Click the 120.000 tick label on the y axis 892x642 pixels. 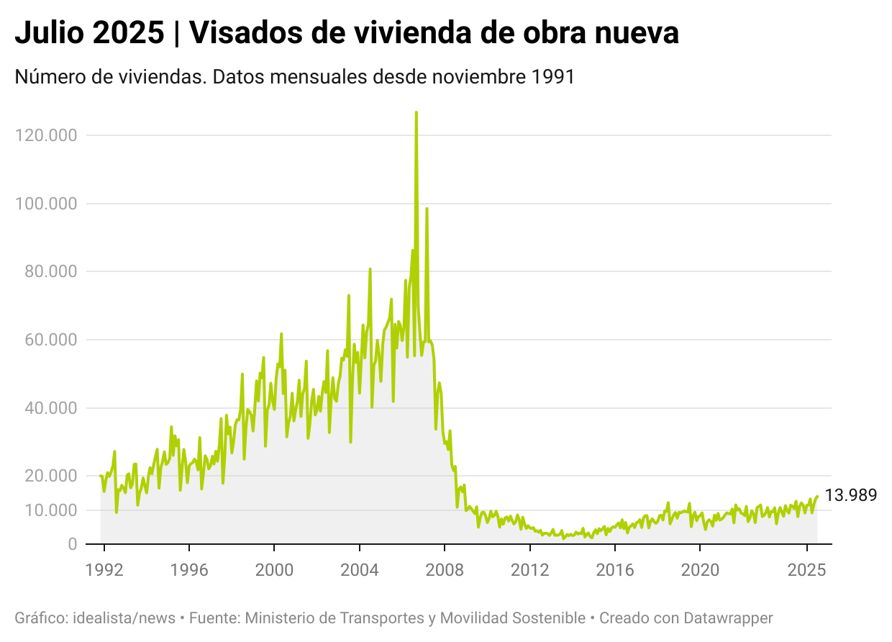(x=45, y=135)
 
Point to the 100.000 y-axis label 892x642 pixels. (x=45, y=204)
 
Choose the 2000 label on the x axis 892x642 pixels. (x=274, y=570)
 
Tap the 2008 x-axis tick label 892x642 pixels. (x=445, y=570)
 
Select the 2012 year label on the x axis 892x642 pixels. (x=529, y=570)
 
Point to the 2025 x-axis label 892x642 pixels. (x=806, y=570)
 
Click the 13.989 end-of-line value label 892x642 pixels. (x=850, y=495)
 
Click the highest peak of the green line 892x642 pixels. (x=416, y=112)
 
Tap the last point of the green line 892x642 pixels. (x=817, y=496)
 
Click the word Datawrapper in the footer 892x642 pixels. (x=728, y=618)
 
